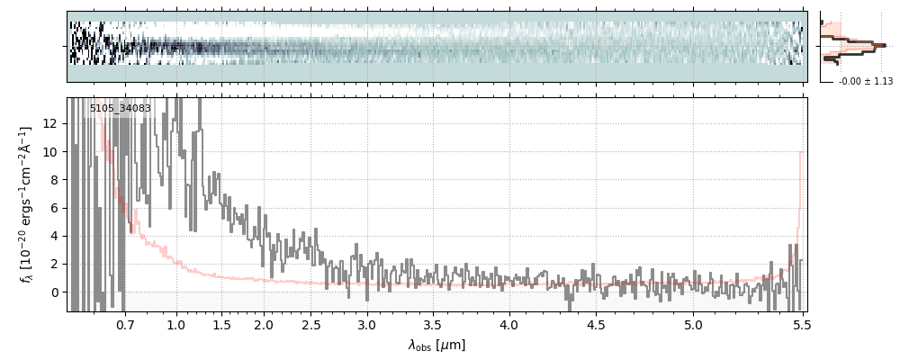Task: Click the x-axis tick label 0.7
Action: click(125, 324)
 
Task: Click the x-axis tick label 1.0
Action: click(176, 324)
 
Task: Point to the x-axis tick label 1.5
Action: click(220, 324)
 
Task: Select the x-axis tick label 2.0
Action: click(264, 324)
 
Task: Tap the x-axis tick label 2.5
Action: click(311, 324)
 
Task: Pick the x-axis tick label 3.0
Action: click(367, 324)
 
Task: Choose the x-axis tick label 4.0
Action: click(509, 324)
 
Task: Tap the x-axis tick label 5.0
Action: click(693, 324)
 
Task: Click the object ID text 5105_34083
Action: click(120, 109)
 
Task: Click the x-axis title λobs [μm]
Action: click(436, 345)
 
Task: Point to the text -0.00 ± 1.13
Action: click(865, 81)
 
